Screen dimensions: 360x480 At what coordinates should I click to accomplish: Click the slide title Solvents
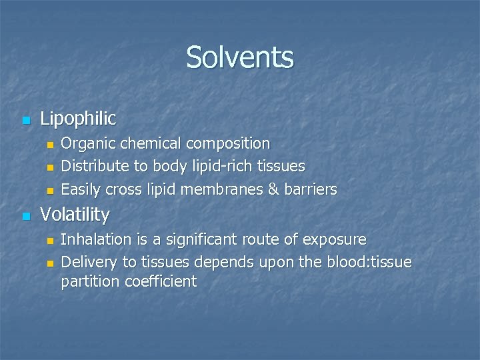(x=240, y=57)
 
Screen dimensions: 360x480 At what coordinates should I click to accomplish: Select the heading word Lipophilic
(x=78, y=119)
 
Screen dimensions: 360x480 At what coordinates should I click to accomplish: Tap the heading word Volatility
(x=75, y=215)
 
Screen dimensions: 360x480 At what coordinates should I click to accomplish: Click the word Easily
(x=81, y=189)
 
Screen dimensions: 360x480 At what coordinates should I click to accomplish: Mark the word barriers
(x=312, y=189)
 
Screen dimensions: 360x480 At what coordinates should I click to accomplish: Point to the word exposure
(x=336, y=240)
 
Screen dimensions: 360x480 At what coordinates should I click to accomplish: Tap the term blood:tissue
(x=369, y=263)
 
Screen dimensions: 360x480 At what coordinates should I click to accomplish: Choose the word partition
(x=90, y=282)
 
